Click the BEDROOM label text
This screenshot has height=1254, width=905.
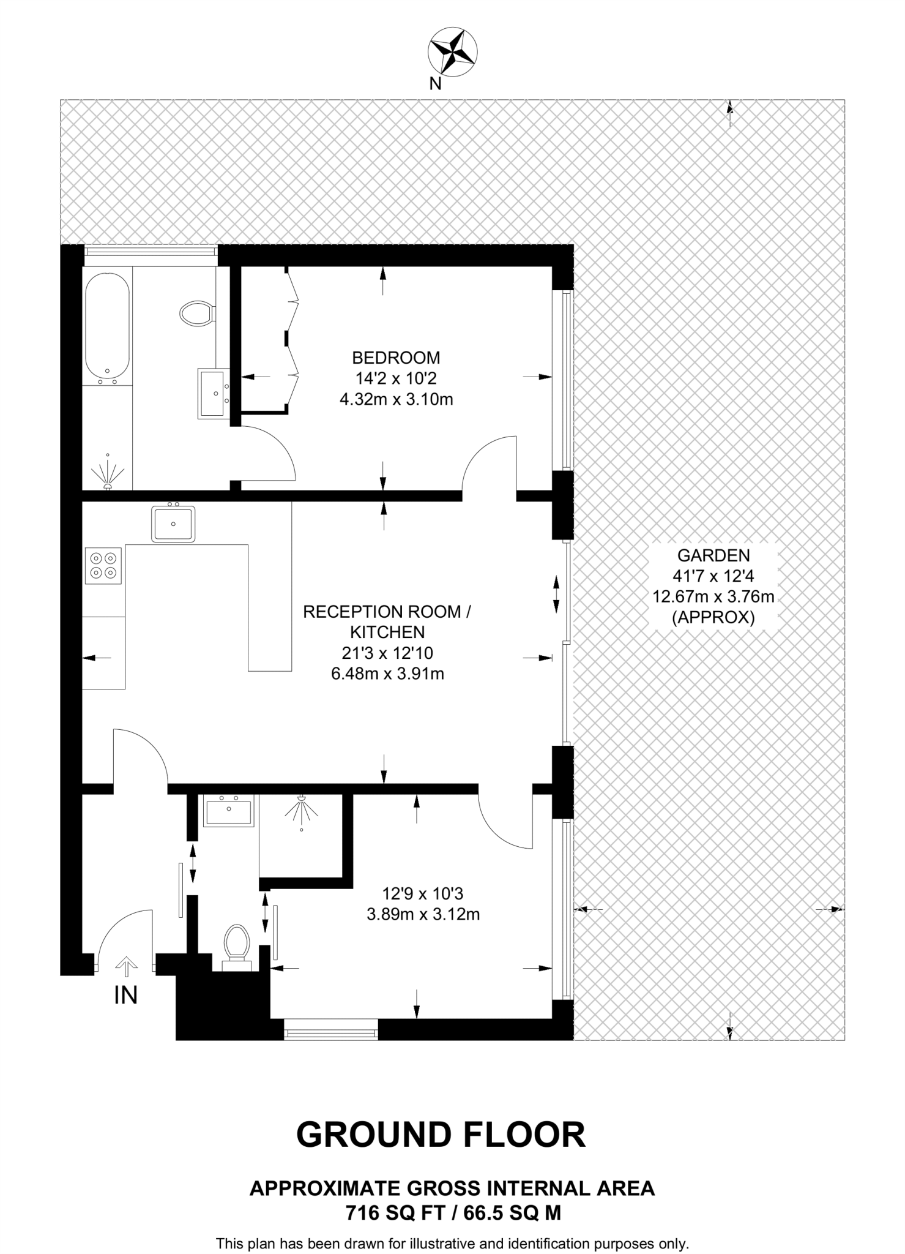396,357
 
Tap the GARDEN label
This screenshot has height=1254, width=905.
713,555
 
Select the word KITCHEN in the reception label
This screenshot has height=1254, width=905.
387,632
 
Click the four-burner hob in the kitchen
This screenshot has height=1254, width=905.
103,565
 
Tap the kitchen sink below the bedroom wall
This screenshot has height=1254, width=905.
174,524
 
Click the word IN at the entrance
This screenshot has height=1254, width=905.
125,995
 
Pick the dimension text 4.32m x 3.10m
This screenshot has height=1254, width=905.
396,400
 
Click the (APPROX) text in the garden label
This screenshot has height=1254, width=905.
713,618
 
